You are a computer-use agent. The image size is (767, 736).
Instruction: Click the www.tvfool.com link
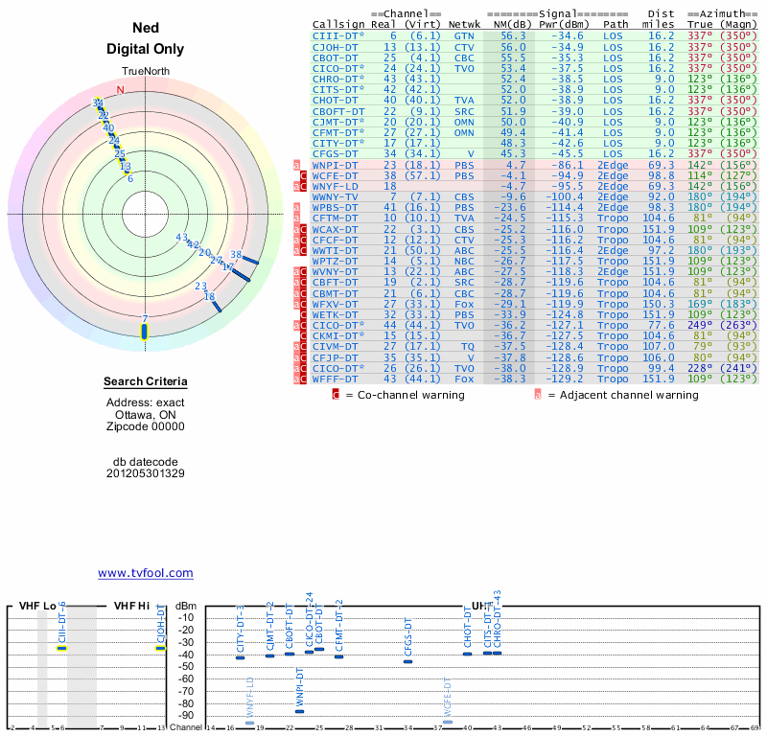pos(145,573)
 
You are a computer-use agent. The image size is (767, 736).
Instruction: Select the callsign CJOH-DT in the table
pos(336,46)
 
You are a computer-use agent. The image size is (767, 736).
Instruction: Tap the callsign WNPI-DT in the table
pos(336,165)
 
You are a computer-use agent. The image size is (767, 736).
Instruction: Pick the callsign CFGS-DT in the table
pos(336,152)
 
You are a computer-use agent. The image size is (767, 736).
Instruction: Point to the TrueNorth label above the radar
pos(145,72)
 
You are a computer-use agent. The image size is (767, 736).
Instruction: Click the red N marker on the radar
pos(120,90)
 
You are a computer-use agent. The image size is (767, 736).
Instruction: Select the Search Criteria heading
pos(145,382)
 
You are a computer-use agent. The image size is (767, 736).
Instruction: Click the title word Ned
pos(145,29)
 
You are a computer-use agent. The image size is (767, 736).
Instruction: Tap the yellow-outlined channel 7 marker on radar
pos(145,332)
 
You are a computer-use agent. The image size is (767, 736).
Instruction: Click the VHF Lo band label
pos(38,606)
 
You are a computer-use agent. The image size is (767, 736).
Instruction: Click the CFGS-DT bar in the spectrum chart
pos(408,661)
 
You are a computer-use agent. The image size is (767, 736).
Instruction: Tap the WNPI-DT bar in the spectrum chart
pos(299,710)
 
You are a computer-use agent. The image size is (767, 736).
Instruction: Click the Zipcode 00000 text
pos(145,426)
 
